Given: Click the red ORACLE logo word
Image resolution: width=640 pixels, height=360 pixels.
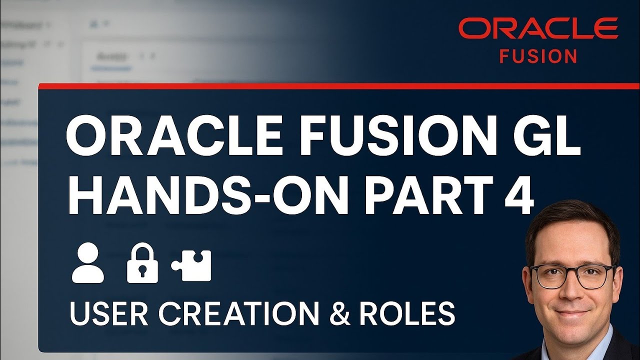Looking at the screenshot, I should [538, 28].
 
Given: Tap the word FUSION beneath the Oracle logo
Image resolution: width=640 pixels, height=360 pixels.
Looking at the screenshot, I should [538, 56].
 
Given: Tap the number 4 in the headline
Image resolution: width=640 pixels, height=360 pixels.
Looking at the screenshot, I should [515, 192].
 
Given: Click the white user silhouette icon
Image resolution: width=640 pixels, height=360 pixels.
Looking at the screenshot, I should [88, 264].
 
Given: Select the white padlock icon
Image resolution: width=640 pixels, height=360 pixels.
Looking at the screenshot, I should [142, 264].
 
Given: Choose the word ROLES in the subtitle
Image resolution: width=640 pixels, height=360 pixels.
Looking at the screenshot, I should [408, 313].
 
